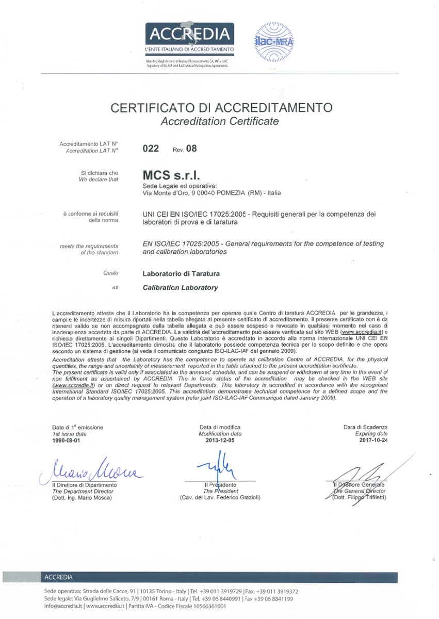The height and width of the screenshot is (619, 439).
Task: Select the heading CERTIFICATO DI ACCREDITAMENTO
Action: (220, 108)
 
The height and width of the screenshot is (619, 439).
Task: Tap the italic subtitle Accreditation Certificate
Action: (220, 122)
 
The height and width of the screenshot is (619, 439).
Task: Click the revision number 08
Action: (191, 149)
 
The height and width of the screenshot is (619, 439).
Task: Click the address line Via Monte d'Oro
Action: (212, 193)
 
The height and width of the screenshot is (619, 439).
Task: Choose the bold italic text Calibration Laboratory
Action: (180, 287)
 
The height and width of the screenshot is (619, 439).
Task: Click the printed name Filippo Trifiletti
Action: (366, 498)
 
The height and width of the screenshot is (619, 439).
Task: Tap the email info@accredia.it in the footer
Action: (61, 607)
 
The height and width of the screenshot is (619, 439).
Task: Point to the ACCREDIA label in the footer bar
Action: (59, 577)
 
